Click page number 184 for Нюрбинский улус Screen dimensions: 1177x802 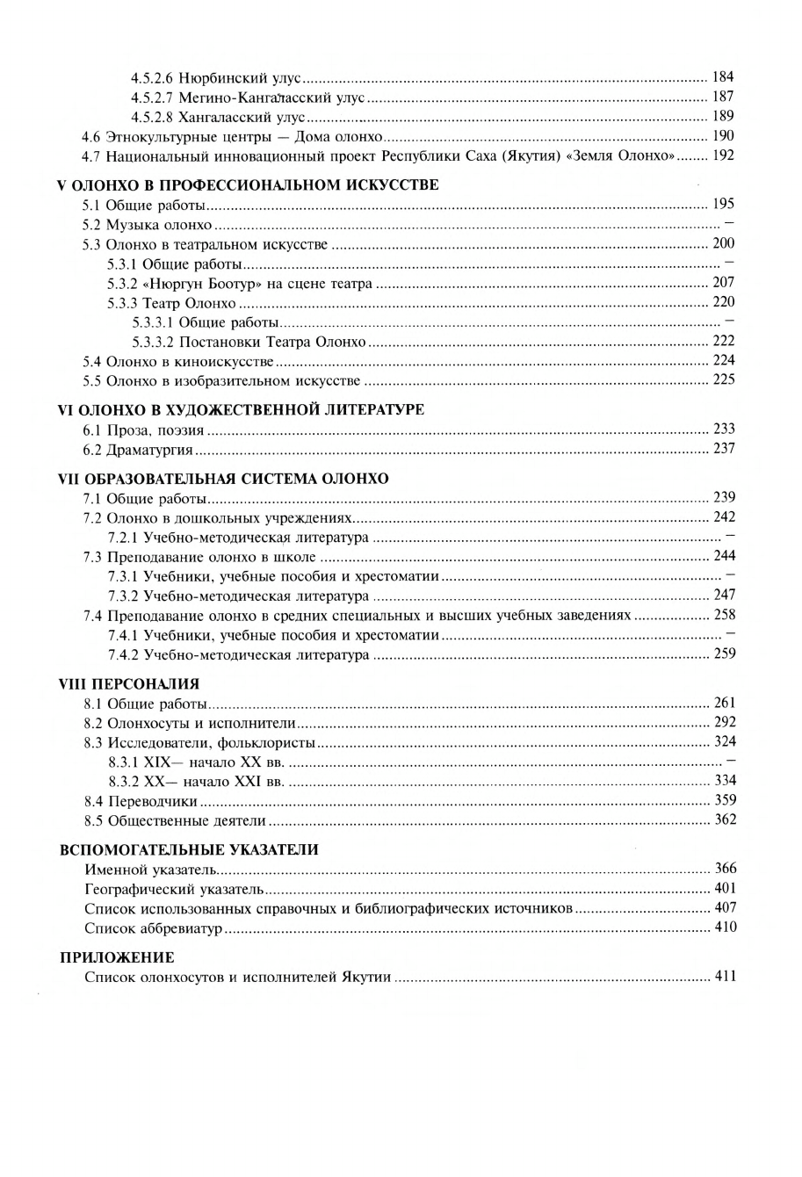[723, 77]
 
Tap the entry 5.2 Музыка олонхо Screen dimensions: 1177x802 [148, 225]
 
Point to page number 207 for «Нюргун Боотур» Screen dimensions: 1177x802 [723, 283]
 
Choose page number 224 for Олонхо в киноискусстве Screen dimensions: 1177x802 [724, 361]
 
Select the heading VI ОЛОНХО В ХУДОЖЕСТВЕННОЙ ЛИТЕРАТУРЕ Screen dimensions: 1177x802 [241, 410]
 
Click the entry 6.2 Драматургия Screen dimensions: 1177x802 [138, 450]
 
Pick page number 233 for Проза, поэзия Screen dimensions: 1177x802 [724, 430]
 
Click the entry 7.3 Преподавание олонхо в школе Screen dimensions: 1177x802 [199, 557]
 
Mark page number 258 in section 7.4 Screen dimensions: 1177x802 [724, 615]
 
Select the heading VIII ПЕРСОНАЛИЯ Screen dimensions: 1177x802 [129, 683]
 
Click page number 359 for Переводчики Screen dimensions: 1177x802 [725, 800]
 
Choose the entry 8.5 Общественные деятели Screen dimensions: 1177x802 [175, 820]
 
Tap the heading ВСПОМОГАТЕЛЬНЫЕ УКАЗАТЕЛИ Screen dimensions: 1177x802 [189, 849]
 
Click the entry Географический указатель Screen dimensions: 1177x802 [161, 889]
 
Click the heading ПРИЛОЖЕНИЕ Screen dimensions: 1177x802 [117, 957]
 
